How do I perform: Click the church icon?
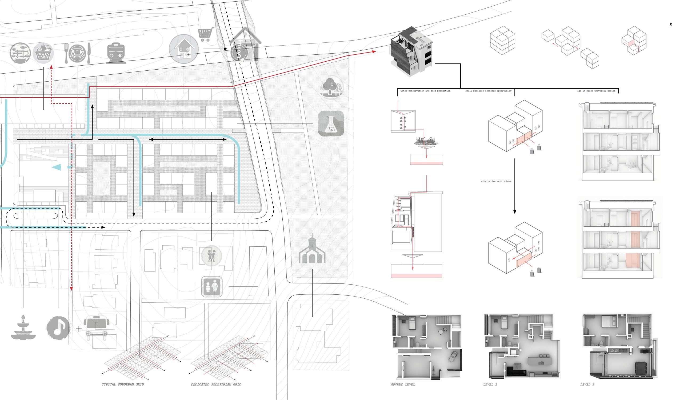[x=312, y=249]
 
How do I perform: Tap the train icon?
[x=116, y=53]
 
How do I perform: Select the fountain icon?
[x=23, y=327]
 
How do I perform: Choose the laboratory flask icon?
[x=331, y=124]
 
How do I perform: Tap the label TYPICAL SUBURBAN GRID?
[x=123, y=384]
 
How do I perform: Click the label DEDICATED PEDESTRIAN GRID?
[x=216, y=384]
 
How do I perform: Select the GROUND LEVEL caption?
[x=403, y=384]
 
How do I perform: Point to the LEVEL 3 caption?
[x=587, y=384]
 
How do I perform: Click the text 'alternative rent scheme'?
[x=496, y=181]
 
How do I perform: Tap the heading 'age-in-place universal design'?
[x=596, y=91]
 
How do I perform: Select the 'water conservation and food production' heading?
[x=425, y=91]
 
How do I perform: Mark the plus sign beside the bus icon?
[x=79, y=329]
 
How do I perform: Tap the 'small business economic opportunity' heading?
[x=488, y=91]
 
